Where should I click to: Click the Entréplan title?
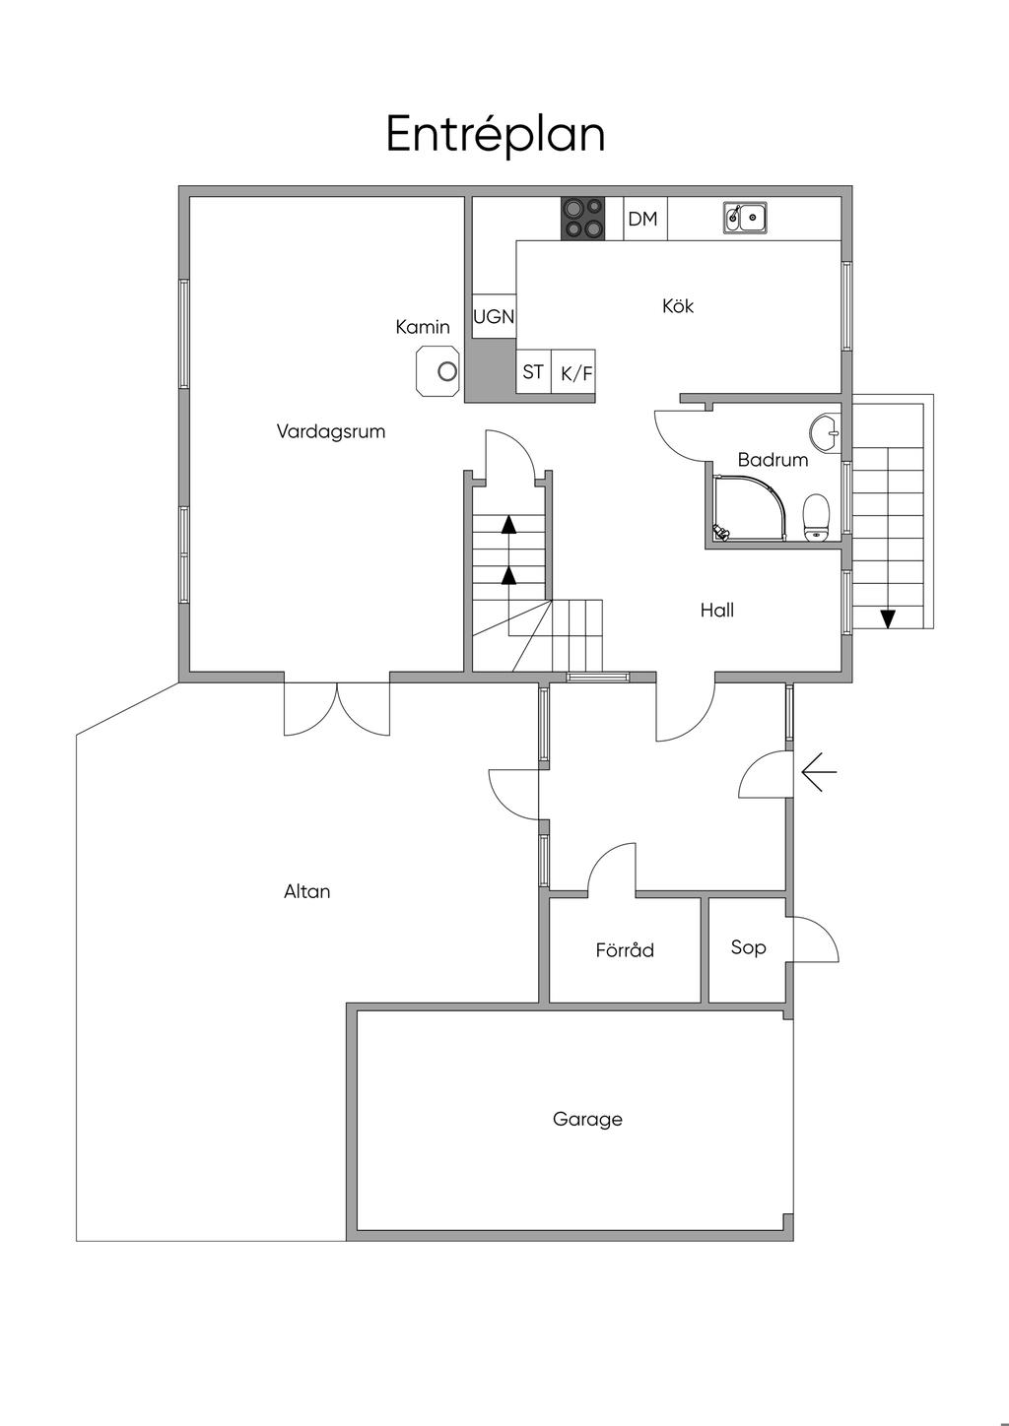[x=496, y=135]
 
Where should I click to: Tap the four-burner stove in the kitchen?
[x=582, y=219]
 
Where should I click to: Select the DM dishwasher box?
[x=645, y=219]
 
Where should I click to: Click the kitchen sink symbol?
[x=745, y=217]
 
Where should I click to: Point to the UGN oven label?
[x=494, y=316]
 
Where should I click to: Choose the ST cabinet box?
[x=533, y=371]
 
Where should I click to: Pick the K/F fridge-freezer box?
[x=573, y=371]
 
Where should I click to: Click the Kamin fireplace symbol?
[x=437, y=370]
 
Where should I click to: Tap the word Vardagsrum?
[x=331, y=431]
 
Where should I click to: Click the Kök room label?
[x=678, y=305]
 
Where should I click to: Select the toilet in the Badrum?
[x=816, y=518]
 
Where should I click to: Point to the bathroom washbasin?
[x=826, y=433]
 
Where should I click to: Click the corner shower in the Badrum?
[x=756, y=508]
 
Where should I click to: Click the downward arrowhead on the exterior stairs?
[x=888, y=619]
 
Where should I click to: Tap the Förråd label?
[x=625, y=949]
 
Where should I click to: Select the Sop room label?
[x=748, y=948]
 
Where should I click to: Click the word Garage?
[x=587, y=1119]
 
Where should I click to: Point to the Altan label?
[x=307, y=891]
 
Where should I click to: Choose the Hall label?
[x=717, y=610]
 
